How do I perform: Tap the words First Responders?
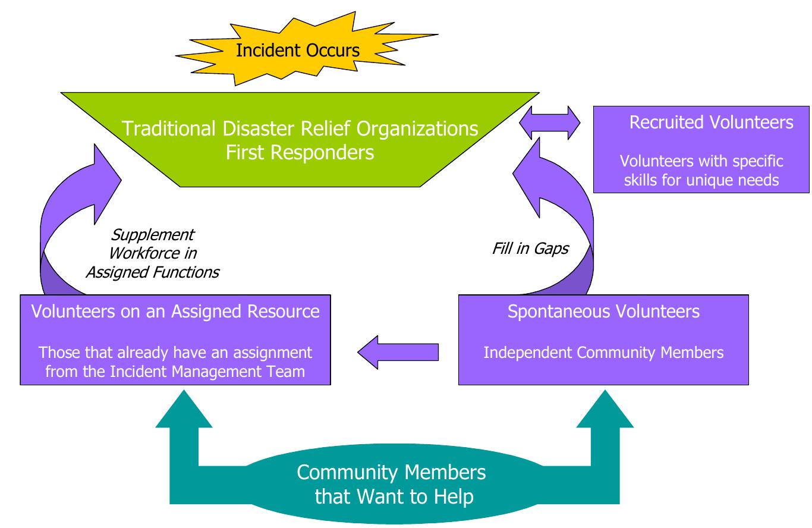300,152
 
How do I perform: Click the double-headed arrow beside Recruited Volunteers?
549,123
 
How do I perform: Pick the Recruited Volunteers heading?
711,122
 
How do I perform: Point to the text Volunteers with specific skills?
701,161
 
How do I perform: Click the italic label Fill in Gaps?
530,248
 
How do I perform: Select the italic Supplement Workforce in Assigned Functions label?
152,253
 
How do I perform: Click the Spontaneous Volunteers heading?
603,311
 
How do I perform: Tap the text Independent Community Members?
603,352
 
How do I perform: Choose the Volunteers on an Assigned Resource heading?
175,311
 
